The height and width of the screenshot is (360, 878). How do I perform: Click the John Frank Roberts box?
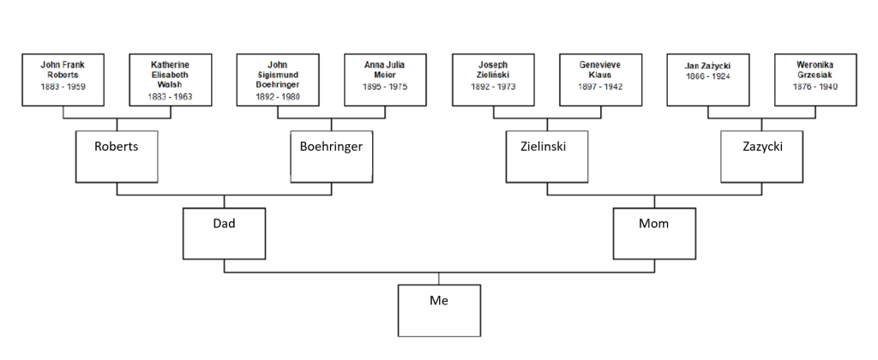coord(63,81)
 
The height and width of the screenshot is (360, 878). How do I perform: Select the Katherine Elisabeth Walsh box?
coord(170,81)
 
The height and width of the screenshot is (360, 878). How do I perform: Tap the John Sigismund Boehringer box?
coord(277,81)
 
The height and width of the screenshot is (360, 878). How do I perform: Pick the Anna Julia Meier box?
coord(384,81)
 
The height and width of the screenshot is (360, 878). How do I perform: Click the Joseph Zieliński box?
coord(493,81)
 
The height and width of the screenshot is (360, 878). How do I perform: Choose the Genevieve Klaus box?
coord(600,81)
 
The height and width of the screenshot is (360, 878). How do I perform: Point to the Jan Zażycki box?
coord(707,81)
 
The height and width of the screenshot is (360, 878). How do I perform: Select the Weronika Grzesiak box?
coord(815,81)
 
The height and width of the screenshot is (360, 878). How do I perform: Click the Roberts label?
coord(117,147)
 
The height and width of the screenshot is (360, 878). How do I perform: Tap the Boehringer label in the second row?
coord(331,147)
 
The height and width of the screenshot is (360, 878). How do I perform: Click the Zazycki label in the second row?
coord(762,147)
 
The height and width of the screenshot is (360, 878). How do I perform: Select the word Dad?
coord(224,224)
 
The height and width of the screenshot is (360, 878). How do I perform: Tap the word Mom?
coord(654,224)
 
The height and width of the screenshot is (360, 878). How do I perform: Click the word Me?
coord(439,301)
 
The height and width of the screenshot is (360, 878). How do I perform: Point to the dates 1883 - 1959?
coord(63,87)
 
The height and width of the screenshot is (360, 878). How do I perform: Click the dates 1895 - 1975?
coord(384,87)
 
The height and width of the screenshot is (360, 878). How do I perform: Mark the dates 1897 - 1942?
coord(600,87)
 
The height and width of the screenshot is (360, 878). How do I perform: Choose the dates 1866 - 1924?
coord(707,77)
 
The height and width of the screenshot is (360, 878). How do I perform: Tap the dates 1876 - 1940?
coord(815,87)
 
